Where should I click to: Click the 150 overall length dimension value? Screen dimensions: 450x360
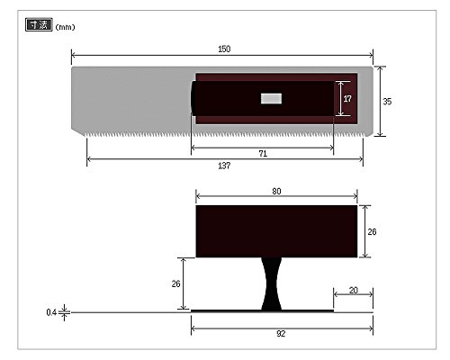(224, 49)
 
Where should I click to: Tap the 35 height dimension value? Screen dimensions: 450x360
(387, 102)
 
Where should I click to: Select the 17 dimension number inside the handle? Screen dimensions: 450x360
(347, 99)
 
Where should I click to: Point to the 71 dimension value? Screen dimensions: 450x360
(263, 154)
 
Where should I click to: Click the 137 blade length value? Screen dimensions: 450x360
(224, 166)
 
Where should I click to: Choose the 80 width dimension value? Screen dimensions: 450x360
(276, 192)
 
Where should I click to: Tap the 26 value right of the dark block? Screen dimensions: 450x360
(372, 232)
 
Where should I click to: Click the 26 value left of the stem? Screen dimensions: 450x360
(175, 283)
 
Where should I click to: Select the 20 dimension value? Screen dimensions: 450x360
(354, 291)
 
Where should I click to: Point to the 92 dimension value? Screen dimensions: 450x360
(281, 334)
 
